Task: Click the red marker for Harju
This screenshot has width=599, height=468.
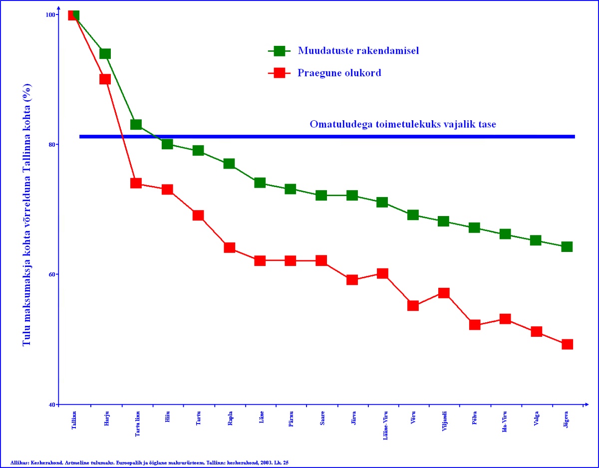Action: point(105,79)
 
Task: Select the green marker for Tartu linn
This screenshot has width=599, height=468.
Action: point(136,124)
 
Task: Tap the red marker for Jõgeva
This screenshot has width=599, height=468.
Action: point(567,344)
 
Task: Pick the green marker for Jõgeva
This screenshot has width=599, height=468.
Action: point(567,246)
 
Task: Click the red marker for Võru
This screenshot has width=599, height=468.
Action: point(413,305)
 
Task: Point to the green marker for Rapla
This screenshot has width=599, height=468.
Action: point(229,164)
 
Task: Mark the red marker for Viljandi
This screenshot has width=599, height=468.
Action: point(444,292)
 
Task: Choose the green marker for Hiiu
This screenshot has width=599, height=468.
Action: point(167,144)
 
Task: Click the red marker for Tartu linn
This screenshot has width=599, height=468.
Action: point(136,183)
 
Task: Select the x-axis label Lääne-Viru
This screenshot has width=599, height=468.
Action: point(382,424)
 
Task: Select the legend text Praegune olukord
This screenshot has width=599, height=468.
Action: point(339,73)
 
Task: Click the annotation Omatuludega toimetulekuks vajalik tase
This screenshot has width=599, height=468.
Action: point(403,124)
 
